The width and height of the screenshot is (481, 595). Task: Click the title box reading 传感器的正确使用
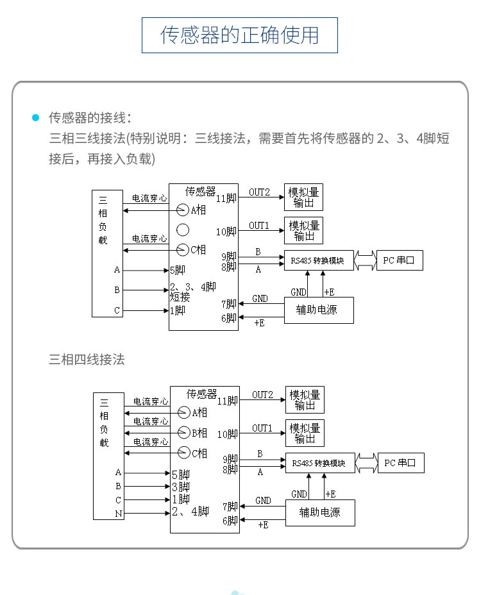click(x=239, y=35)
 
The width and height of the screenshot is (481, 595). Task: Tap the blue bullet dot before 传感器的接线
click(x=36, y=118)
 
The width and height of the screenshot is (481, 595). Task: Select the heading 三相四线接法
click(x=87, y=360)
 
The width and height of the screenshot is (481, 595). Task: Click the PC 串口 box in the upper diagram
click(x=399, y=260)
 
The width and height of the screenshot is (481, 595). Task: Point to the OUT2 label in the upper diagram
click(x=259, y=192)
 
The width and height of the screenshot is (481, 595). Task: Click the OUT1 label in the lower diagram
click(x=262, y=428)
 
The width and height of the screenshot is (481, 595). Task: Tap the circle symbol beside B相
click(x=184, y=432)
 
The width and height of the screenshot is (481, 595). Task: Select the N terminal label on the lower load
click(x=118, y=514)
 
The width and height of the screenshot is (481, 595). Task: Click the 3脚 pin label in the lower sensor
click(x=180, y=487)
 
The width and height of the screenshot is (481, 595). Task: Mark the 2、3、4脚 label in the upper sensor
click(x=192, y=287)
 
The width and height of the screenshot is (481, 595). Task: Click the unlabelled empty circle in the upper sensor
click(x=183, y=230)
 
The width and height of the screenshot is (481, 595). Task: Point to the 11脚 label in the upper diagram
click(x=226, y=198)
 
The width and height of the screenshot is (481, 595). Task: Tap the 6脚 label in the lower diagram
click(x=230, y=521)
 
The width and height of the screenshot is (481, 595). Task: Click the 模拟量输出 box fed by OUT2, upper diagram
click(x=303, y=197)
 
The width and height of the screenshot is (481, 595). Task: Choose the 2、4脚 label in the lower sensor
click(x=190, y=512)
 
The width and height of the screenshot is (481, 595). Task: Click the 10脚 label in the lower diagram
click(x=227, y=435)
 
